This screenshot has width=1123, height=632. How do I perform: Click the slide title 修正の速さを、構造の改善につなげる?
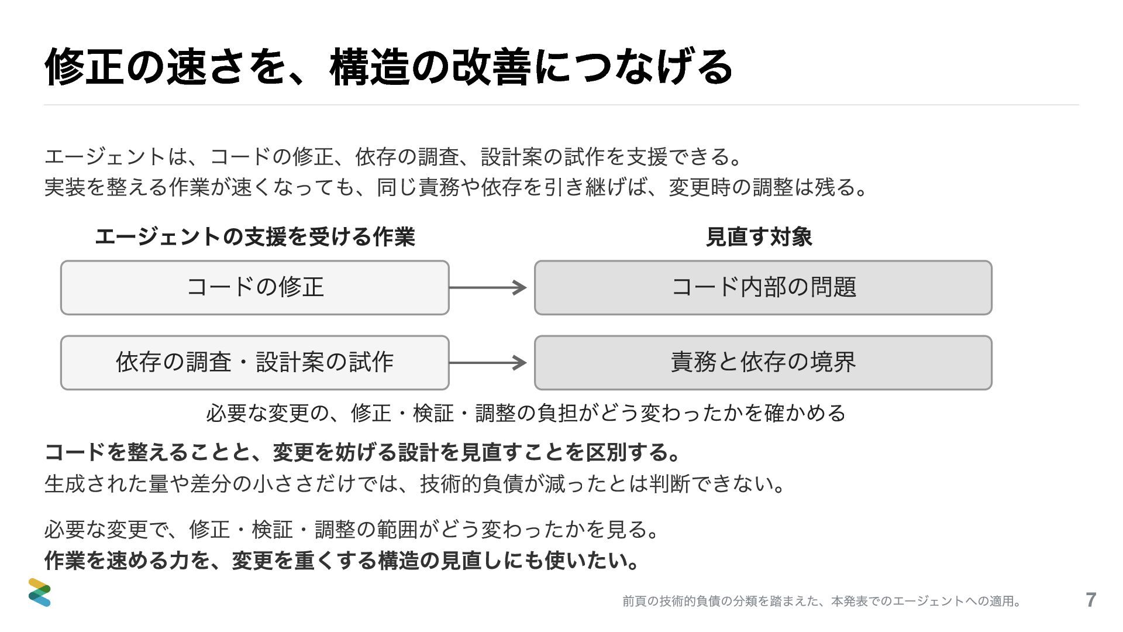coord(388,67)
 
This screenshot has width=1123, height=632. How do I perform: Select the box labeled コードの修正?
coord(255,287)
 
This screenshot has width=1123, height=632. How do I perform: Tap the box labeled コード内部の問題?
coord(763,287)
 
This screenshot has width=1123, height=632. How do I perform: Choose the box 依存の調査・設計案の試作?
coord(255,362)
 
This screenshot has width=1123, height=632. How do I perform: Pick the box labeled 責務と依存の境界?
coord(763,362)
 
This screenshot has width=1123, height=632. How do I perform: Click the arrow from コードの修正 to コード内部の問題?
coord(488,287)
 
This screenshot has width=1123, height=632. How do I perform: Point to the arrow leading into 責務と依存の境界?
coord(488,362)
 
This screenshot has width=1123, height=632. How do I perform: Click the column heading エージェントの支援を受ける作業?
coord(255,237)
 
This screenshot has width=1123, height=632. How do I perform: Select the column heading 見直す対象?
coord(759,237)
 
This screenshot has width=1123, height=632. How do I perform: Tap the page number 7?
coord(1090,600)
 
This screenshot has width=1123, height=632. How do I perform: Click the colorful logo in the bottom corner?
coord(40,592)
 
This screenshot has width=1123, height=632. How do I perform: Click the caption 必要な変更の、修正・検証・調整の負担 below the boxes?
coord(526,413)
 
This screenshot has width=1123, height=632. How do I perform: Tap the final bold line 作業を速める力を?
coord(342,561)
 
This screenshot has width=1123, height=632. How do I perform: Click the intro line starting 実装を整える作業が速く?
coord(457,187)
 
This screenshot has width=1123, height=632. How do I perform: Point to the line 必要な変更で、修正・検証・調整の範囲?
coord(353,530)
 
